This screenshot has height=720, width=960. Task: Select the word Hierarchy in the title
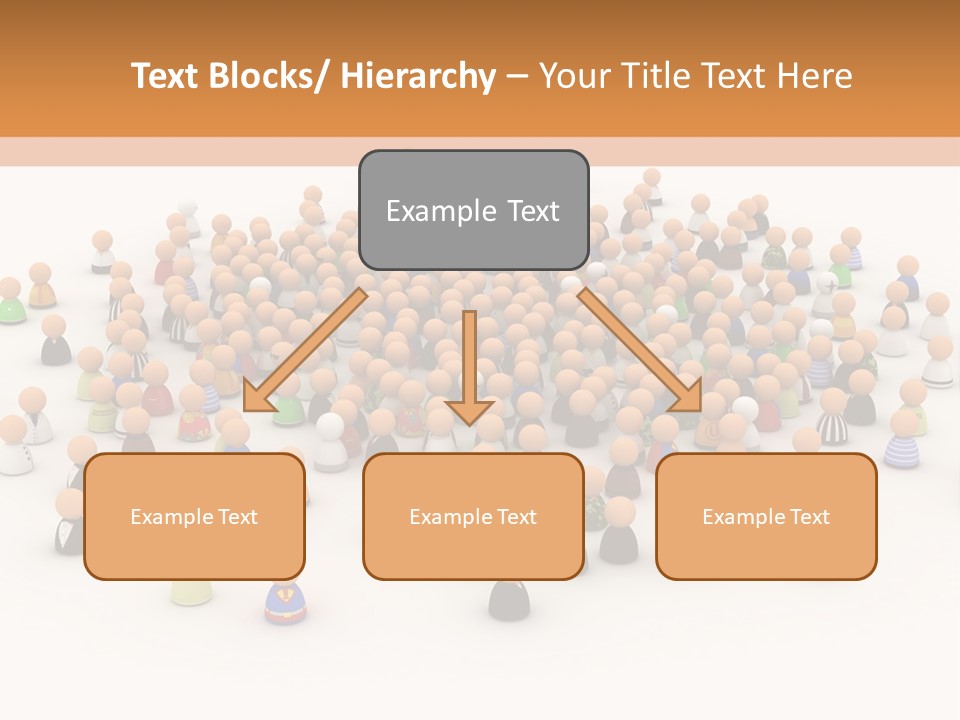pyautogui.click(x=418, y=76)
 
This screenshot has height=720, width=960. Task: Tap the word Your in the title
pyautogui.click(x=575, y=76)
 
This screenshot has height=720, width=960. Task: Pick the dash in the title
pyautogui.click(x=517, y=77)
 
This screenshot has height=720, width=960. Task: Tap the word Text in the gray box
pyautogui.click(x=532, y=211)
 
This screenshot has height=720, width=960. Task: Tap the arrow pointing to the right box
pyautogui.click(x=640, y=350)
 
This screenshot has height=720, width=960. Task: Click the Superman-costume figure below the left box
pyautogui.click(x=285, y=603)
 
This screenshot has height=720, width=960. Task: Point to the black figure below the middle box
pyautogui.click(x=509, y=599)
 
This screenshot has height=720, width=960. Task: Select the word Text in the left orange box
pyautogui.click(x=239, y=517)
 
